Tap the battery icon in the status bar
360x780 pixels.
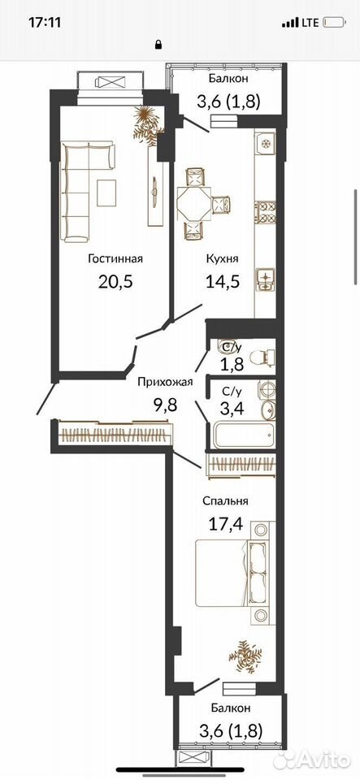[334, 23]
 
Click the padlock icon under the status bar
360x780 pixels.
[159, 45]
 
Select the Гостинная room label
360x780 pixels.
[115, 258]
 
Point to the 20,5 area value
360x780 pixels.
[116, 282]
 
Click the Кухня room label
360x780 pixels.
[223, 258]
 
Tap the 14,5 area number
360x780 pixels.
[223, 282]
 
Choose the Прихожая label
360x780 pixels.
[165, 382]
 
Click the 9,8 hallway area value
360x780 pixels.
[166, 404]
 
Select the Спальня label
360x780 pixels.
[225, 501]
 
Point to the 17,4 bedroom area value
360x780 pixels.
[225, 524]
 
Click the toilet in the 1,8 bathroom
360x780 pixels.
[262, 356]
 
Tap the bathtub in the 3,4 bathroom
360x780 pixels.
[244, 434]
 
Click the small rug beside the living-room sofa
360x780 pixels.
[106, 193]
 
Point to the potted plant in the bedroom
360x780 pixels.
[245, 656]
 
